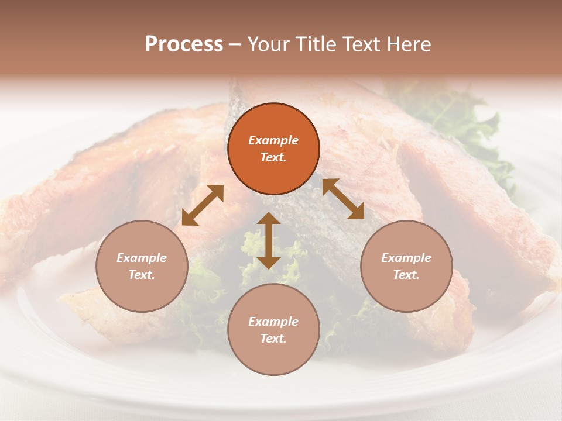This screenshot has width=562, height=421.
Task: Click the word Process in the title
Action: click(184, 44)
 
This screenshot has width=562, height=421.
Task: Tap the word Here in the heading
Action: click(407, 44)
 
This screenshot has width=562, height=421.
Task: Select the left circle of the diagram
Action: click(142, 266)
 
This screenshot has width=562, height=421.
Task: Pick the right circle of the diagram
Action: click(406, 266)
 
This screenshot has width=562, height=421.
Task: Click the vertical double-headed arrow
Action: click(269, 240)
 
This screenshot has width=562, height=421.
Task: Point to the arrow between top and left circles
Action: click(203, 205)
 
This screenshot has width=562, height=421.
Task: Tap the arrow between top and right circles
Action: click(343, 199)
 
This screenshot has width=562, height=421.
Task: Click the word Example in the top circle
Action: click(273, 140)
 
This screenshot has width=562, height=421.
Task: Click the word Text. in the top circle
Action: click(273, 157)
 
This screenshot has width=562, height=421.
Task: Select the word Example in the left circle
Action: click(142, 258)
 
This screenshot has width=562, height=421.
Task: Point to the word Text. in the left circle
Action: click(142, 275)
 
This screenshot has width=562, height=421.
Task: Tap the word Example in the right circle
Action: click(406, 258)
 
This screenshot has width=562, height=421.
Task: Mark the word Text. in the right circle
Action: click(406, 275)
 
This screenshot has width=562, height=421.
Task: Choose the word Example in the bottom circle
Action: click(273, 322)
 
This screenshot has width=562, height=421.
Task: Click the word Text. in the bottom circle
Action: click(273, 339)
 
